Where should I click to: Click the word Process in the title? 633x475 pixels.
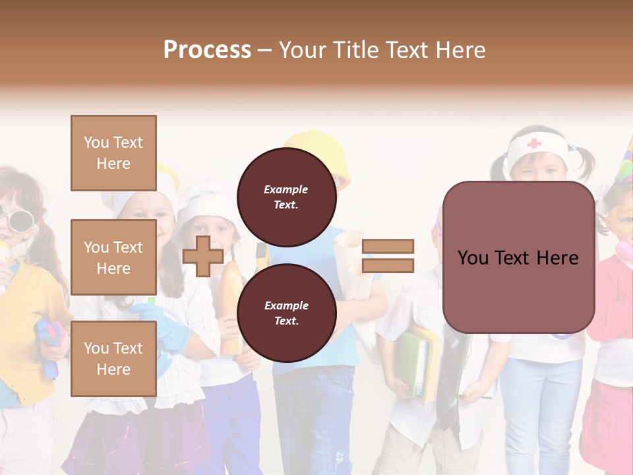207,50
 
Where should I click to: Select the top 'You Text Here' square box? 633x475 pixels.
113,153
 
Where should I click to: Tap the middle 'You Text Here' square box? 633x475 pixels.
113,257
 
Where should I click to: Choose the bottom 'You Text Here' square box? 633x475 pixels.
113,359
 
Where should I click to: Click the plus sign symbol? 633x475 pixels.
203,256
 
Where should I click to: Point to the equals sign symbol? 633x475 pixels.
388,256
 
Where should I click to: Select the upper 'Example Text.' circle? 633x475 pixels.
286,197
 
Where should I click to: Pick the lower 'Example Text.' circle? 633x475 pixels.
286,313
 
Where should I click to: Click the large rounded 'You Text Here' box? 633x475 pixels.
518,257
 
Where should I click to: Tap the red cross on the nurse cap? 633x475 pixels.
533,143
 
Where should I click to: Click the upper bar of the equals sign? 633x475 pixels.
388,246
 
